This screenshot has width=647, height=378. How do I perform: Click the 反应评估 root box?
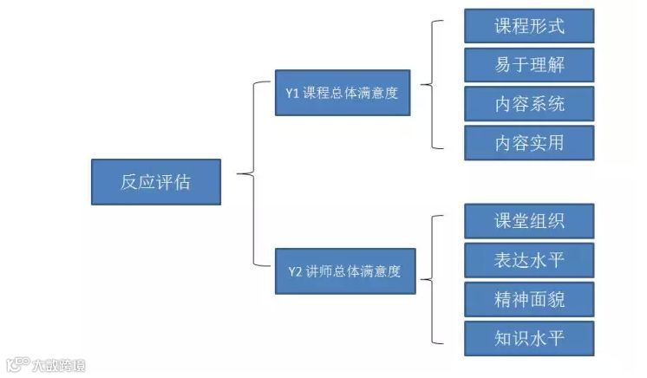tap(156, 182)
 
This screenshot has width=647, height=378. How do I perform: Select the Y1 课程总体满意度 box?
tap(342, 92)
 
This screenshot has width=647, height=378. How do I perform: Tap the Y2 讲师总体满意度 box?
tap(343, 271)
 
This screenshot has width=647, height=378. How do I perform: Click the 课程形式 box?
tap(529, 26)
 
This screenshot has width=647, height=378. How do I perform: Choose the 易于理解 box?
tap(529, 65)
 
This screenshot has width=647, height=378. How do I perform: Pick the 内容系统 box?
tap(529, 104)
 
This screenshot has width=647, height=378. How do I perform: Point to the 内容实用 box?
tap(529, 143)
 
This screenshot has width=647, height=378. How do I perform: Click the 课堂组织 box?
tap(529, 221)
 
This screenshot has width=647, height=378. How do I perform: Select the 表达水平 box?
tap(529, 260)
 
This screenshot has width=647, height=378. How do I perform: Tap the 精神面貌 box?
tap(529, 299)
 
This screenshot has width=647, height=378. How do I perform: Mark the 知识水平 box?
tap(529, 338)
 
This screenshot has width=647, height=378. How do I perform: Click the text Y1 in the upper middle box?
tap(292, 92)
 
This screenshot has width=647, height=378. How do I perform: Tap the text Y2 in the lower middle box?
tap(295, 272)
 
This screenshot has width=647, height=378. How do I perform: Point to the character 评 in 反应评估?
tap(166, 182)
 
